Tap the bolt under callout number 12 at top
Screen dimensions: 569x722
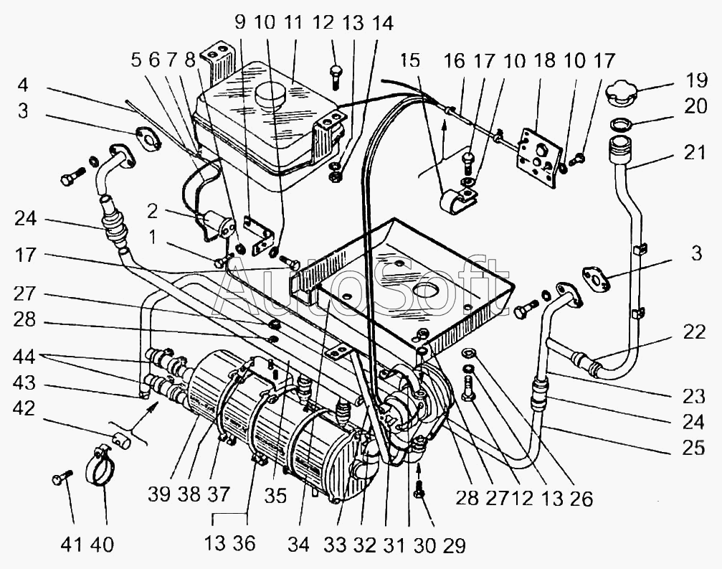(x=336, y=74)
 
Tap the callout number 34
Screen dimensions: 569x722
(x=298, y=545)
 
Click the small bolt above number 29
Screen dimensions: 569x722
(x=420, y=491)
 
